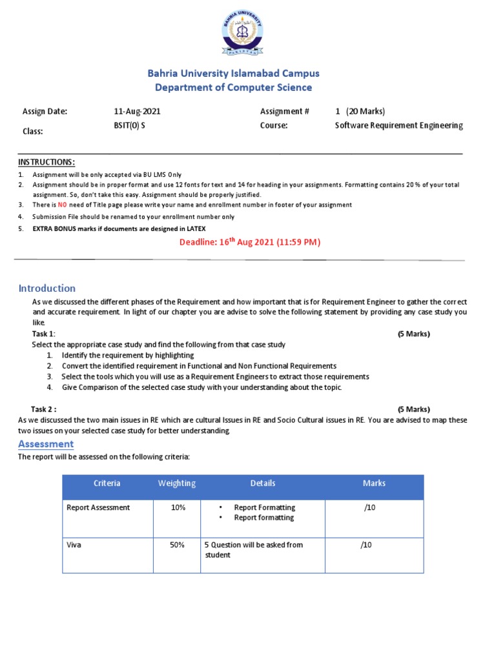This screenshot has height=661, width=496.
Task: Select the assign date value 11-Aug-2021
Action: [x=137, y=112]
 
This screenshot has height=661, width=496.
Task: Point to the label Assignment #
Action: [x=284, y=112]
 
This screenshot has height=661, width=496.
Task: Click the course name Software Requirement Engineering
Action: [x=398, y=126]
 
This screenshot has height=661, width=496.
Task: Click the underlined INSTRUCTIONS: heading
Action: [x=46, y=161]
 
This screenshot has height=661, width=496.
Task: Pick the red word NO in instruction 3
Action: [x=63, y=205]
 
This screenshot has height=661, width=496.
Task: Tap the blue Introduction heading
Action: [x=46, y=288]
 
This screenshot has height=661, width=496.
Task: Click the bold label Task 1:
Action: [x=43, y=334]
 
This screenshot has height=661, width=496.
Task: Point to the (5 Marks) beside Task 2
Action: [x=413, y=409]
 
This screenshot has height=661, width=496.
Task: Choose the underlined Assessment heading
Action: [x=46, y=443]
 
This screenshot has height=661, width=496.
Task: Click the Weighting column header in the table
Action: [x=177, y=483]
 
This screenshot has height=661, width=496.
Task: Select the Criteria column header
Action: [x=107, y=483]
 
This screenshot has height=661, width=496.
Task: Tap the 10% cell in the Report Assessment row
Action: [x=178, y=507]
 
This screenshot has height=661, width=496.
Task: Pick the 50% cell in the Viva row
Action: [x=177, y=545]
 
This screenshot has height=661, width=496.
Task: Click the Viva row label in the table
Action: [x=75, y=545]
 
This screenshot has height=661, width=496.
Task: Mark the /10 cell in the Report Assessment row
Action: [x=369, y=507]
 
